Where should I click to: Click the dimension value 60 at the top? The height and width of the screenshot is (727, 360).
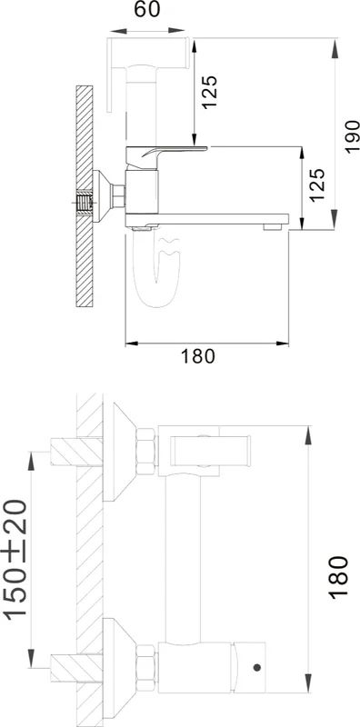[x=147, y=9]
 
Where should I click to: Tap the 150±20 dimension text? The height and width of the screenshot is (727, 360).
[x=15, y=559]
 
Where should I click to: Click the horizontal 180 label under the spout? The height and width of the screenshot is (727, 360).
[x=197, y=356]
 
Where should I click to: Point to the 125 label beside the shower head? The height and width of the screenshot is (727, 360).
[x=210, y=92]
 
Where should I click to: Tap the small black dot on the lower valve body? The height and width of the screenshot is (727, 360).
[x=257, y=667]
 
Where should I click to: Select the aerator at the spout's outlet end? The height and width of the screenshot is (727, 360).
[x=273, y=227]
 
